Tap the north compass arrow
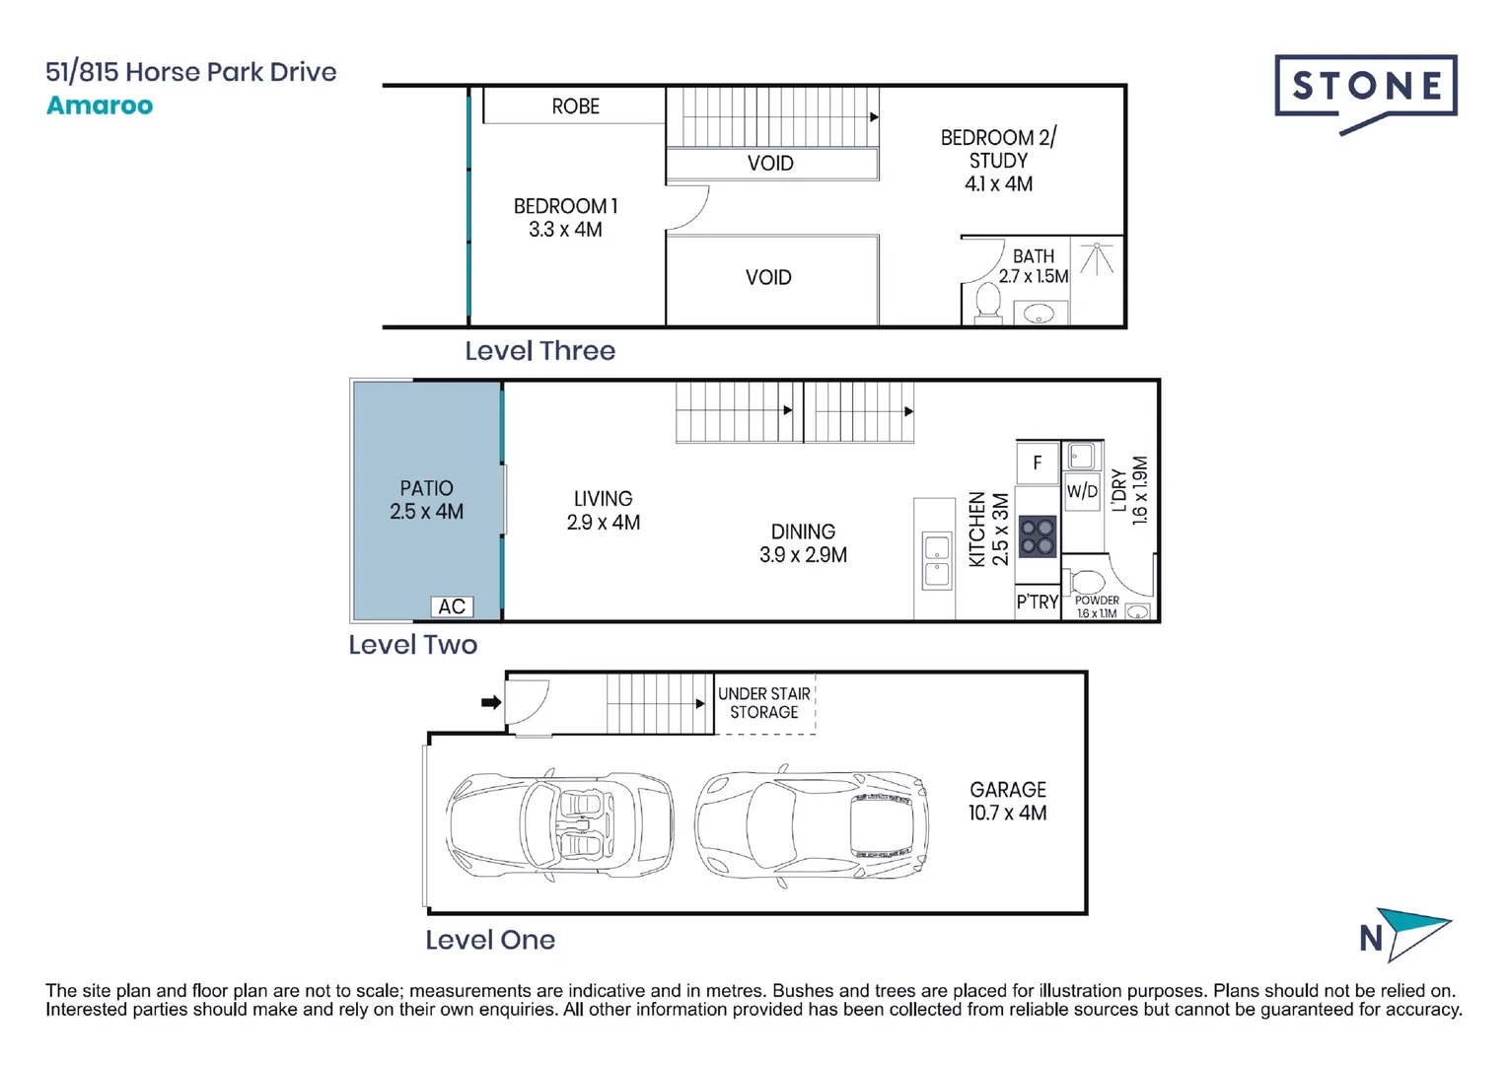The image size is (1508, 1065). pyautogui.click(x=1413, y=933)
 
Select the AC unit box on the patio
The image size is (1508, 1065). pyautogui.click(x=452, y=606)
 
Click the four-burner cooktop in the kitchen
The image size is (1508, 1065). pyautogui.click(x=1037, y=536)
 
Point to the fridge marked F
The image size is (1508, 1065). pyautogui.click(x=1038, y=462)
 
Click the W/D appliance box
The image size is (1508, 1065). pyautogui.click(x=1082, y=491)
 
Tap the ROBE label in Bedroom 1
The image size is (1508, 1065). pyautogui.click(x=575, y=106)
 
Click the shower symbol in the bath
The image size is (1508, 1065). pyautogui.click(x=1097, y=259)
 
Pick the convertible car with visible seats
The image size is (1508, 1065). pyautogui.click(x=559, y=824)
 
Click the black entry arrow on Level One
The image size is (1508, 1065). pyautogui.click(x=491, y=703)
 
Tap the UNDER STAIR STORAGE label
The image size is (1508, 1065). pyautogui.click(x=764, y=703)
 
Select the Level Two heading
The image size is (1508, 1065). pyautogui.click(x=412, y=645)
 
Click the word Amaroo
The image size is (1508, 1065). pyautogui.click(x=100, y=106)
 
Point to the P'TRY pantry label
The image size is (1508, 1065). pyautogui.click(x=1038, y=602)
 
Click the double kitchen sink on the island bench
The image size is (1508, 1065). pyautogui.click(x=936, y=561)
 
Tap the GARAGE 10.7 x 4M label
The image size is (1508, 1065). pyautogui.click(x=1007, y=801)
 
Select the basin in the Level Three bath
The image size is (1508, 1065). pyautogui.click(x=1039, y=314)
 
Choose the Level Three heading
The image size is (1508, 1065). pyautogui.click(x=539, y=351)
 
